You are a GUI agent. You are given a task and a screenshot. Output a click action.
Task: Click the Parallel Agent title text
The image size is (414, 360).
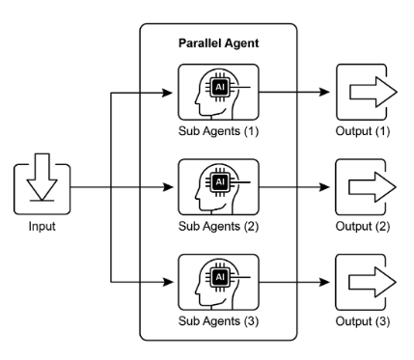[x=218, y=43]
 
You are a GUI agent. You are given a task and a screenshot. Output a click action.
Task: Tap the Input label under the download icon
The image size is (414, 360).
[x=41, y=226]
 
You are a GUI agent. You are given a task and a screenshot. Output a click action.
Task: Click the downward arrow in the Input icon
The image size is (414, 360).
[x=42, y=177]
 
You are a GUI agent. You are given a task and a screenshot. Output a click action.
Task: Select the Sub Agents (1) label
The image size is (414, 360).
[x=218, y=131]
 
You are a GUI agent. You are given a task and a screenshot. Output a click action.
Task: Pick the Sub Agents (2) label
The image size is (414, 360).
[x=218, y=226]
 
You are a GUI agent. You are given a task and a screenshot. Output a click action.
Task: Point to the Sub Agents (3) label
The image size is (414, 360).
[x=218, y=321]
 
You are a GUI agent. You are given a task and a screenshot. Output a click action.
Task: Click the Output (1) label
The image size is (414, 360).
[x=363, y=131]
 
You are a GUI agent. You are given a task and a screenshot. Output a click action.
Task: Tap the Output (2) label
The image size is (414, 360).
[x=363, y=226]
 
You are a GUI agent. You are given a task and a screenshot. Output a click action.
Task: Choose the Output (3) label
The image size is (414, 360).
[x=363, y=321]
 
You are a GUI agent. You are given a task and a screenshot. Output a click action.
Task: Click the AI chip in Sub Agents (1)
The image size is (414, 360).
[x=220, y=87]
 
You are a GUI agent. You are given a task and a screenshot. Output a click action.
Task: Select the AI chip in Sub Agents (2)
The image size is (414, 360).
[x=220, y=182]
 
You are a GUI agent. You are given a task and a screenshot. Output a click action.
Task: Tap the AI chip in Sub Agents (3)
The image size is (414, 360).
[x=220, y=277]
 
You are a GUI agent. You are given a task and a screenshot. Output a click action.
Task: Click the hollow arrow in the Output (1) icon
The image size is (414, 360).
[x=373, y=92]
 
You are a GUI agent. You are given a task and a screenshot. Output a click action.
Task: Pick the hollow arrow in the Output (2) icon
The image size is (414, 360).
[x=373, y=187]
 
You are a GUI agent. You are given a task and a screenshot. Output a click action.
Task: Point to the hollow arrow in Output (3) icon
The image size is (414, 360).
[x=373, y=282]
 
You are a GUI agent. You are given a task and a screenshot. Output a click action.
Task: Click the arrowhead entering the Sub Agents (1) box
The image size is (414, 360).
[x=168, y=94]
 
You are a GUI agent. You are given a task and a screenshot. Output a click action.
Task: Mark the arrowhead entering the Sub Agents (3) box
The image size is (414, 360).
[x=168, y=282]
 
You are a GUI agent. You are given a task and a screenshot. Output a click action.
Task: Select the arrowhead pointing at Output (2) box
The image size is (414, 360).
[x=324, y=187]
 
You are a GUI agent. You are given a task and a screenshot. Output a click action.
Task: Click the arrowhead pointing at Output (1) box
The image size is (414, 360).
[x=324, y=93]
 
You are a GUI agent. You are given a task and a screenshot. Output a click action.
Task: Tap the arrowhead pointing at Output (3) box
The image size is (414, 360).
[x=324, y=282]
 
